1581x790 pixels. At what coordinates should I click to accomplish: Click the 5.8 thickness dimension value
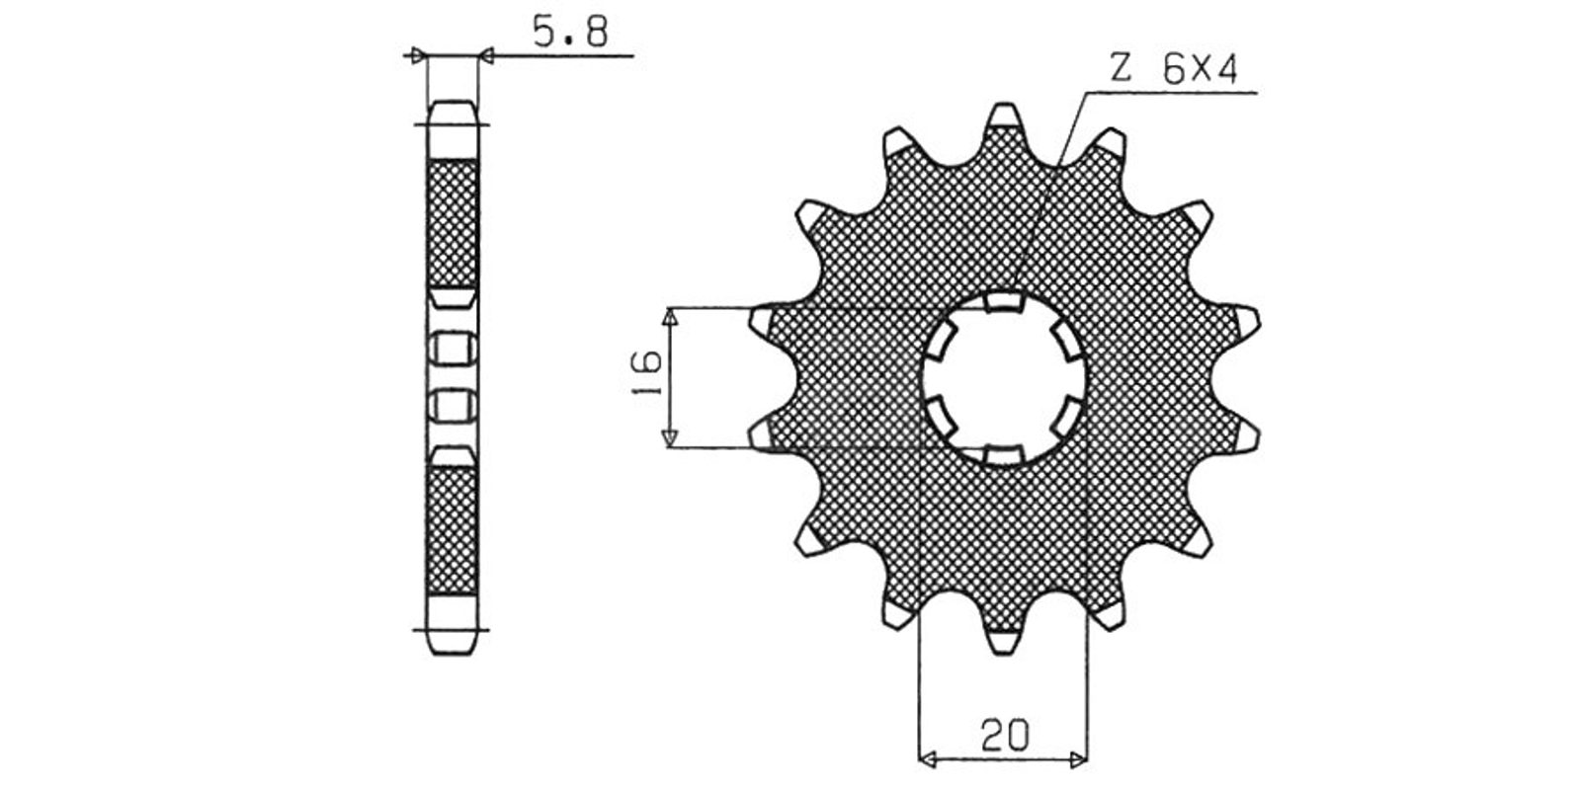tap(570, 32)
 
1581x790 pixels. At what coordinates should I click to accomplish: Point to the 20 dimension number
tap(1004, 735)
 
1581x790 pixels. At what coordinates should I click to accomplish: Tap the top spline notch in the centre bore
tap(1004, 302)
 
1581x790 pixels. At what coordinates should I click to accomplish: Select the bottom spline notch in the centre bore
tap(1004, 455)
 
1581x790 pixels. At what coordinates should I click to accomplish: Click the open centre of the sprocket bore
tap(1004, 379)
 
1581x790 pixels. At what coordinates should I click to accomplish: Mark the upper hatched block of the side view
tap(454, 223)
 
